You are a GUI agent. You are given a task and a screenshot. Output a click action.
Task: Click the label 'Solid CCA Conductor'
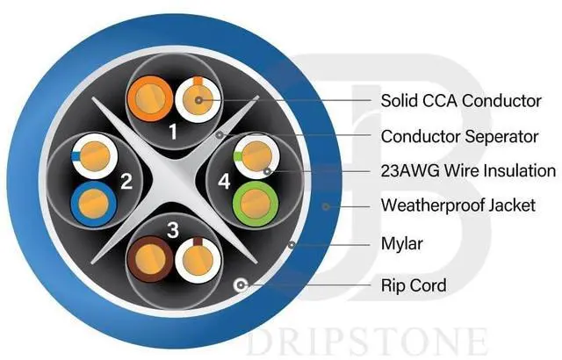461,101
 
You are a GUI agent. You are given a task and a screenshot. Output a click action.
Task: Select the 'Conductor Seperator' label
459,136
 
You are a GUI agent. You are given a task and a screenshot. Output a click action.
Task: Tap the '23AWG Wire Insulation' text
467,171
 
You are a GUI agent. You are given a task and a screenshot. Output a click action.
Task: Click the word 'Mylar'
402,242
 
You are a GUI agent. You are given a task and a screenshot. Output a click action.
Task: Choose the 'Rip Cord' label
413,284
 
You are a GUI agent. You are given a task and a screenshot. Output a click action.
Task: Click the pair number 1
173,132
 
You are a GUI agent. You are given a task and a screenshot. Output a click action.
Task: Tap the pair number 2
126,183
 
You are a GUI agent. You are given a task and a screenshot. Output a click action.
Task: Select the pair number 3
173,231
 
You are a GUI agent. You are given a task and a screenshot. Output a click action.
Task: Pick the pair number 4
222,183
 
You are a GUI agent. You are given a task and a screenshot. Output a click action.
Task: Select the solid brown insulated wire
148,261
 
